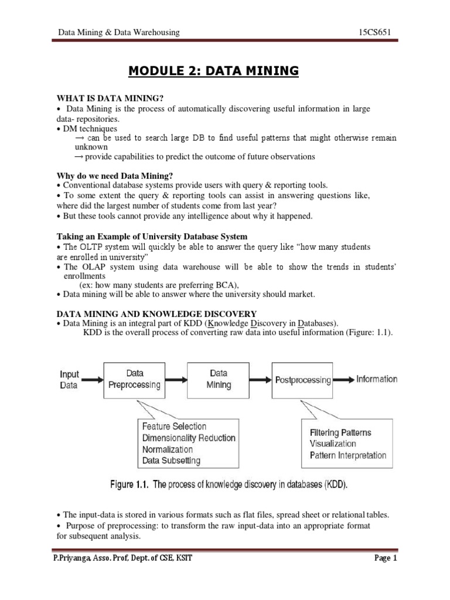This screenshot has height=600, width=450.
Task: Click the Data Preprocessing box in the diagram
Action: tap(134, 379)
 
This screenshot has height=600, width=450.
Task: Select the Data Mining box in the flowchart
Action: tap(220, 379)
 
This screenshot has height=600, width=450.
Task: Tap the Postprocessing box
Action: tap(303, 380)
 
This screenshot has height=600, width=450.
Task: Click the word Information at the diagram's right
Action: tap(377, 379)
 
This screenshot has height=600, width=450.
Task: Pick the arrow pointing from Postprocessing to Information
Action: tap(343, 380)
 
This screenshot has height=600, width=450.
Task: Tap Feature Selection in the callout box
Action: tap(174, 427)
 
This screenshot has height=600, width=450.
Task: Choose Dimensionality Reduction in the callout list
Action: tap(189, 438)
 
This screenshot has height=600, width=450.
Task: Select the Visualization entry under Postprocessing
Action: tap(332, 444)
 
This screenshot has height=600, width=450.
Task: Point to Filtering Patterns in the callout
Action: tap(340, 432)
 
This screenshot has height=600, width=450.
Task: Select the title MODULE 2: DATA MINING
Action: tap(213, 71)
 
